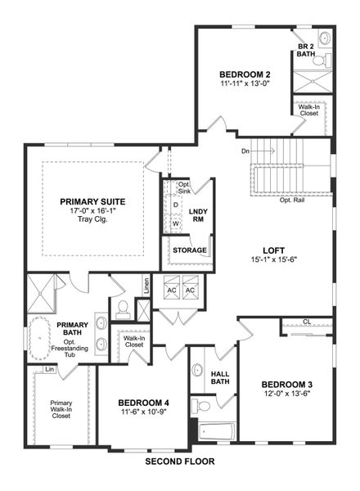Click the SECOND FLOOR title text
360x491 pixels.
coord(179,462)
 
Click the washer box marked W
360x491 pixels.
coord(176,223)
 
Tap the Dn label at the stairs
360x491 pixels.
coord(245,151)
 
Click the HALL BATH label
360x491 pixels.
coord(219,377)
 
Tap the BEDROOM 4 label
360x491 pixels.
coord(143,403)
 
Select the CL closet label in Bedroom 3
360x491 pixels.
coord(307,322)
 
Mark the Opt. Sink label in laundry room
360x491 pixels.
coord(184,187)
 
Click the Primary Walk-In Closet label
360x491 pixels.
coord(61,409)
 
